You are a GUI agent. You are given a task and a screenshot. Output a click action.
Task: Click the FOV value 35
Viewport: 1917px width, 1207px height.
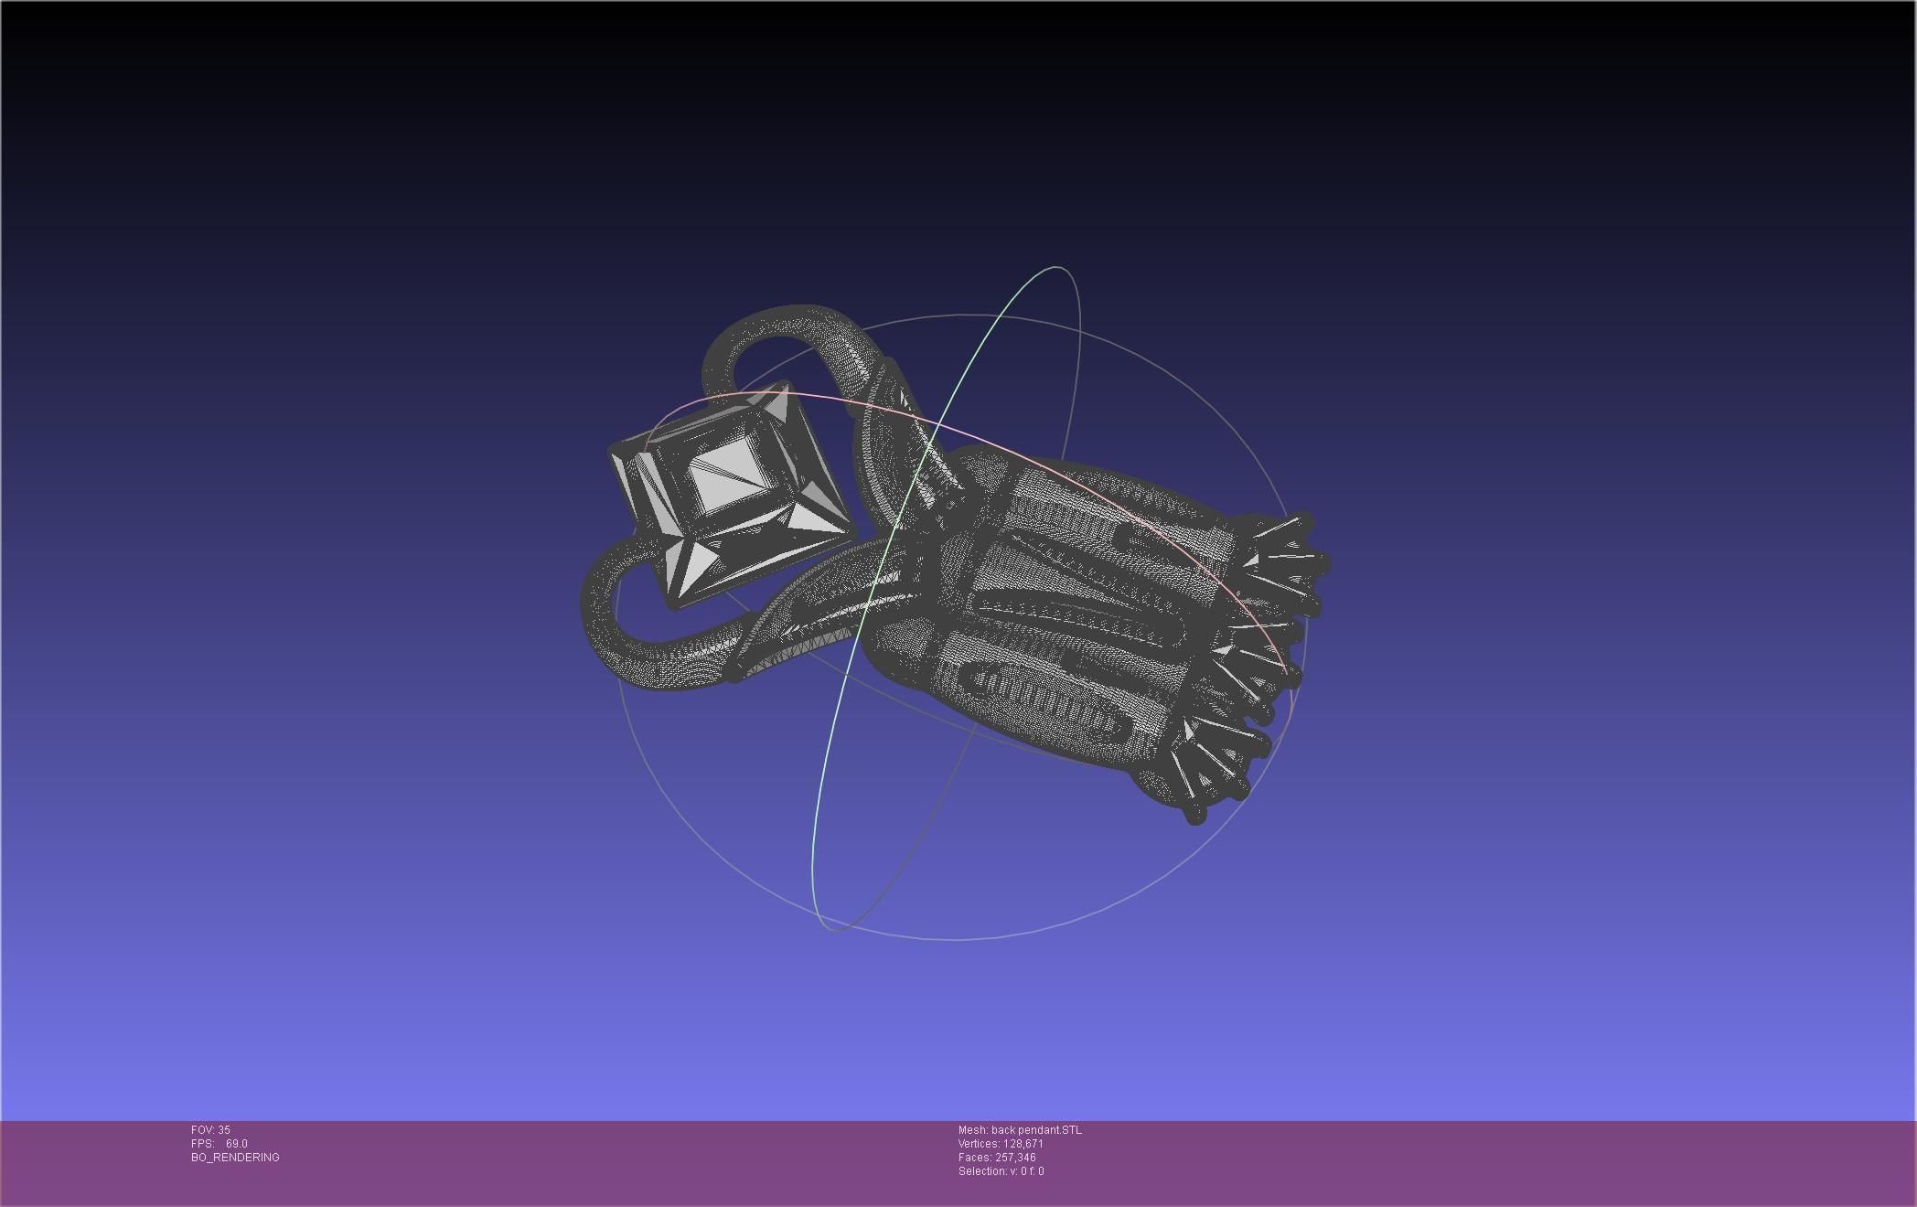pos(224,1130)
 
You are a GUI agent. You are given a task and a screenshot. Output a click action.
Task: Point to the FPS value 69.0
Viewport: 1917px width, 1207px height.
pos(236,1144)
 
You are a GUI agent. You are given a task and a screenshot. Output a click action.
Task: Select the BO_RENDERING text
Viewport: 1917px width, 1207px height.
pos(235,1158)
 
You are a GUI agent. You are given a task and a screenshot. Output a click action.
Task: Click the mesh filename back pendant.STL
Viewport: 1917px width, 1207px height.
pos(1036,1130)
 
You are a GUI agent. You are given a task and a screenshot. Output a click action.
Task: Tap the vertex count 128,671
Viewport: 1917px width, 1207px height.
pos(1023,1144)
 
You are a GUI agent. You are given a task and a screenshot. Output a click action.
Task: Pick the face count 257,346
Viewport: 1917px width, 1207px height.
pos(1015,1158)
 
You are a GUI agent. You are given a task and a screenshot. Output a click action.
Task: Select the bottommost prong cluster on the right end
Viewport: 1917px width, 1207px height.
pos(1207,773)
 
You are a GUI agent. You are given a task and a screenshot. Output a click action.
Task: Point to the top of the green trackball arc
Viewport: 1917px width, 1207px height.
pos(1058,268)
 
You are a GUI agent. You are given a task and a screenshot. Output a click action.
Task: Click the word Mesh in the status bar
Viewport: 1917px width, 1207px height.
pos(972,1130)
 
